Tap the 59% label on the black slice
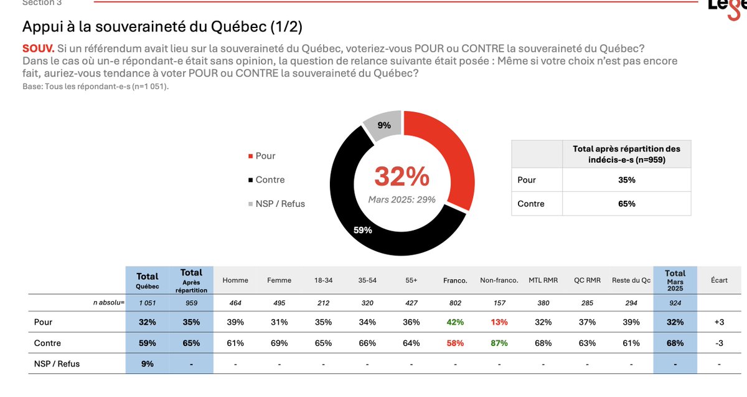[x=362, y=230]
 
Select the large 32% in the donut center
[x=402, y=177]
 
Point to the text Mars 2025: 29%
[x=402, y=199]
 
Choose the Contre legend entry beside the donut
[x=270, y=179]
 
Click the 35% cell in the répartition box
[x=626, y=180]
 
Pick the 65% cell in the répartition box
[x=626, y=204]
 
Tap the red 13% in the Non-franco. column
[x=499, y=322]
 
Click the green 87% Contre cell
[x=499, y=343]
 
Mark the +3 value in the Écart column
[x=719, y=322]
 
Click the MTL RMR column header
[x=542, y=280]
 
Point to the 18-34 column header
[x=323, y=280]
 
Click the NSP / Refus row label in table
[x=57, y=363]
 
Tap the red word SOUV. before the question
[x=38, y=49]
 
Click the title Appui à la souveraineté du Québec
[x=162, y=27]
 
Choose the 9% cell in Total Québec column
[x=148, y=363]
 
